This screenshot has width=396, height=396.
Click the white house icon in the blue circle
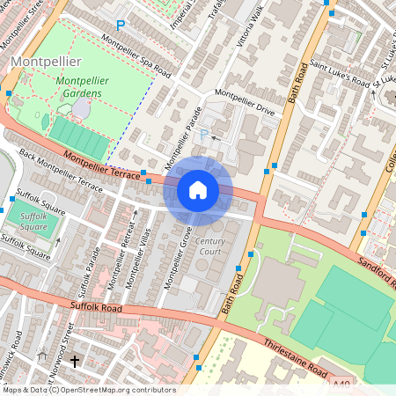click(x=198, y=189)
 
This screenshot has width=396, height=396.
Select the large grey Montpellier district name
click(x=48, y=61)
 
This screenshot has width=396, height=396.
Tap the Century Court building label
click(x=210, y=246)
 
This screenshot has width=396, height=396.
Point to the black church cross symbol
click(x=74, y=362)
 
